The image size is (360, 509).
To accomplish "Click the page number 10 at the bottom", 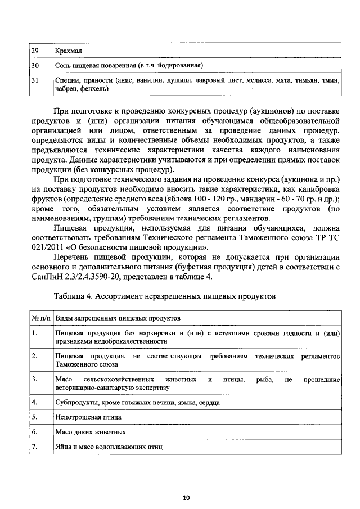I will click(186, 497).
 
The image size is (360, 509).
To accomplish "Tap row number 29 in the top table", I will click(35, 51).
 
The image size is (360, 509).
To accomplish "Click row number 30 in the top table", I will click(35, 66).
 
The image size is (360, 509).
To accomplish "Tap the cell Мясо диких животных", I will click(91, 432).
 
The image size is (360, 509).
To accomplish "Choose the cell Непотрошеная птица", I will click(88, 417).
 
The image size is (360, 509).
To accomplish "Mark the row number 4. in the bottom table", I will click(34, 403).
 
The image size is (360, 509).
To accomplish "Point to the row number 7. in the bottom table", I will click(34, 447).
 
